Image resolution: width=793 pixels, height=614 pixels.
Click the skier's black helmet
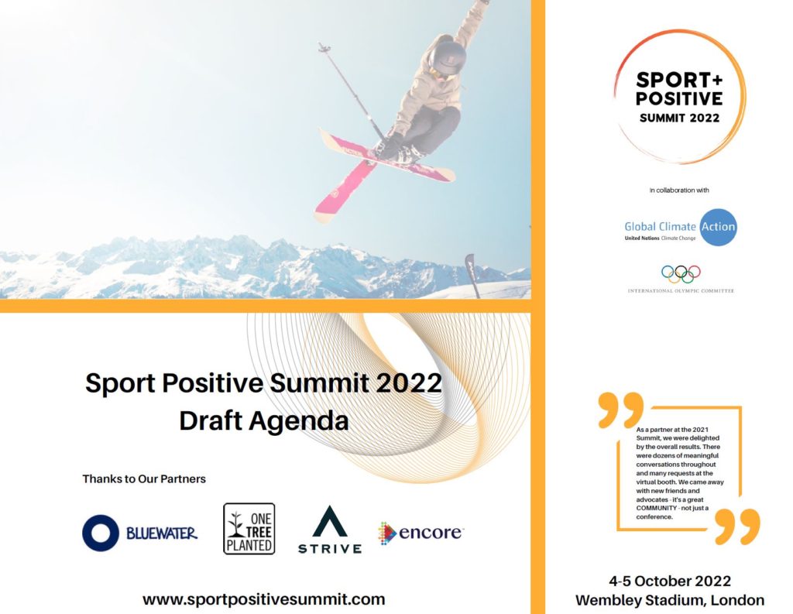448,57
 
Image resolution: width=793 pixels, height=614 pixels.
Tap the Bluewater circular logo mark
101,533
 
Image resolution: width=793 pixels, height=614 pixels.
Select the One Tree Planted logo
249,529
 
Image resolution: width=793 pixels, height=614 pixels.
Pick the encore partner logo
421,533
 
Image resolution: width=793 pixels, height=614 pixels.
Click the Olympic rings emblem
681,274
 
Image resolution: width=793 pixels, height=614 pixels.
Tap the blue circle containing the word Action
718,227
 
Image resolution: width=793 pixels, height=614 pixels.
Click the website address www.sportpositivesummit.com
263,599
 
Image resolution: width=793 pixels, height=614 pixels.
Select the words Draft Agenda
264,420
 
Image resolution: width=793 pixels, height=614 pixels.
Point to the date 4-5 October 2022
670,581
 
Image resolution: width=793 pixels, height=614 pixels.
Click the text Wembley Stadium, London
670,600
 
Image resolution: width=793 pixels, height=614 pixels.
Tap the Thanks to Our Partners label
144,479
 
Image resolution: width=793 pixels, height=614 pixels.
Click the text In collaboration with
679,190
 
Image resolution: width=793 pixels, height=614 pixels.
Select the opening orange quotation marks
620,409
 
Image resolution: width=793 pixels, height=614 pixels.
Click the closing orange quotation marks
738,526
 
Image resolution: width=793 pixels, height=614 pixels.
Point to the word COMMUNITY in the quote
657,508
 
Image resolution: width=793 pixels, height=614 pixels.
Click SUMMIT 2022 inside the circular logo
679,118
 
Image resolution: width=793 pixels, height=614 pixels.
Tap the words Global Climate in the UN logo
660,227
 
